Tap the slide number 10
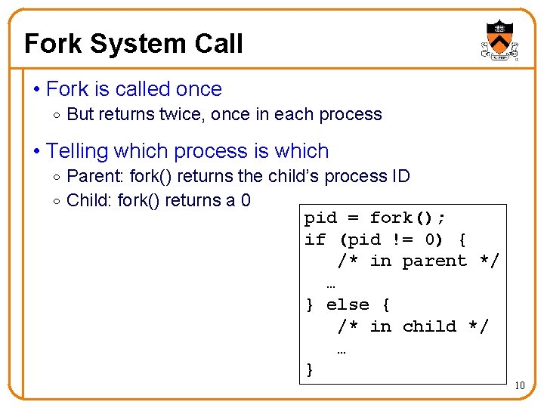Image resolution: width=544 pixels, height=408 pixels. coord(519,386)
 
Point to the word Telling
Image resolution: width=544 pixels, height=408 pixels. coord(77,151)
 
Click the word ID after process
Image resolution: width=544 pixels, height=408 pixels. coord(397,177)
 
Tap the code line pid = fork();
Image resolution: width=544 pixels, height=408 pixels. coord(375,218)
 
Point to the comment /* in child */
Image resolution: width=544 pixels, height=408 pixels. coord(413,326)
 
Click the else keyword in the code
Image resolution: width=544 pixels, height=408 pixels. coord(348,304)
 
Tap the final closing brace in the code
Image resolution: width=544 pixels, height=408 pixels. coord(309,369)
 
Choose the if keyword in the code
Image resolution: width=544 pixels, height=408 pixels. coord(314,240)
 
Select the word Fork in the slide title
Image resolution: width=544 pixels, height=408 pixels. coord(52,44)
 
